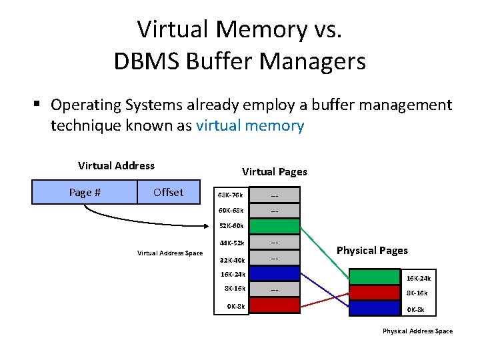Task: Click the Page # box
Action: tap(85, 193)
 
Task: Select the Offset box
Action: tap(168, 193)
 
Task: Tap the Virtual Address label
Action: tap(116, 166)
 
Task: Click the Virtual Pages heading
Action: tap(275, 172)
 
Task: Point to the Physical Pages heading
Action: tap(372, 251)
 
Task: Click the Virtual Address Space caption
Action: tap(170, 253)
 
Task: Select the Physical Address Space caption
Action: tap(417, 331)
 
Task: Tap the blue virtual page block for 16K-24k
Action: tap(275, 273)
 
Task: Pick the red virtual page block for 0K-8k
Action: tap(275, 306)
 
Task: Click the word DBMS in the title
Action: tap(143, 62)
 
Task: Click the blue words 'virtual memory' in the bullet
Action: tap(250, 125)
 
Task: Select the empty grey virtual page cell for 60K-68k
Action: tap(275, 211)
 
